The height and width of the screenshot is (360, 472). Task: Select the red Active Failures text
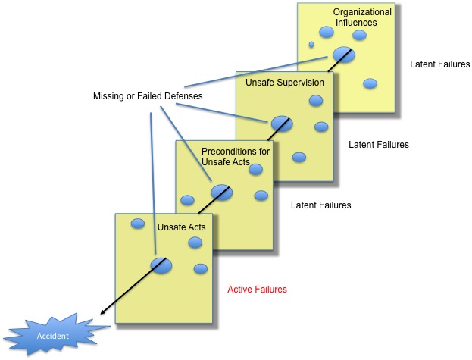point(258,289)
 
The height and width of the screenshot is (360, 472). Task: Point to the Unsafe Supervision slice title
point(285,83)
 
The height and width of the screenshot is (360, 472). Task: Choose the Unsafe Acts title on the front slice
point(181,227)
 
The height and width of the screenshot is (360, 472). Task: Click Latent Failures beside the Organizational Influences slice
point(439,64)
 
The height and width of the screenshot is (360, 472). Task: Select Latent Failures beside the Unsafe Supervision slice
point(379,144)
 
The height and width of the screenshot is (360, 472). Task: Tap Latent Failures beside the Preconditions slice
point(321,205)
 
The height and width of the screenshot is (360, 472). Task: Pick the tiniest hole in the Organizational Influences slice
point(311,45)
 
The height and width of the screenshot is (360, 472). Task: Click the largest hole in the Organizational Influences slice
point(342,55)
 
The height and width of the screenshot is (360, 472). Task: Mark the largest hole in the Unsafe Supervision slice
point(282,122)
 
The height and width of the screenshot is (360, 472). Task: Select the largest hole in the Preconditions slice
point(222,192)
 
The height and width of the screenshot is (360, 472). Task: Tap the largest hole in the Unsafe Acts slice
point(161,265)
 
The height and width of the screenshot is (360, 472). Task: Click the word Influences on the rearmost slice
point(356,23)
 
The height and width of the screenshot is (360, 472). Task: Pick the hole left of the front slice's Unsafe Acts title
point(138,223)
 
